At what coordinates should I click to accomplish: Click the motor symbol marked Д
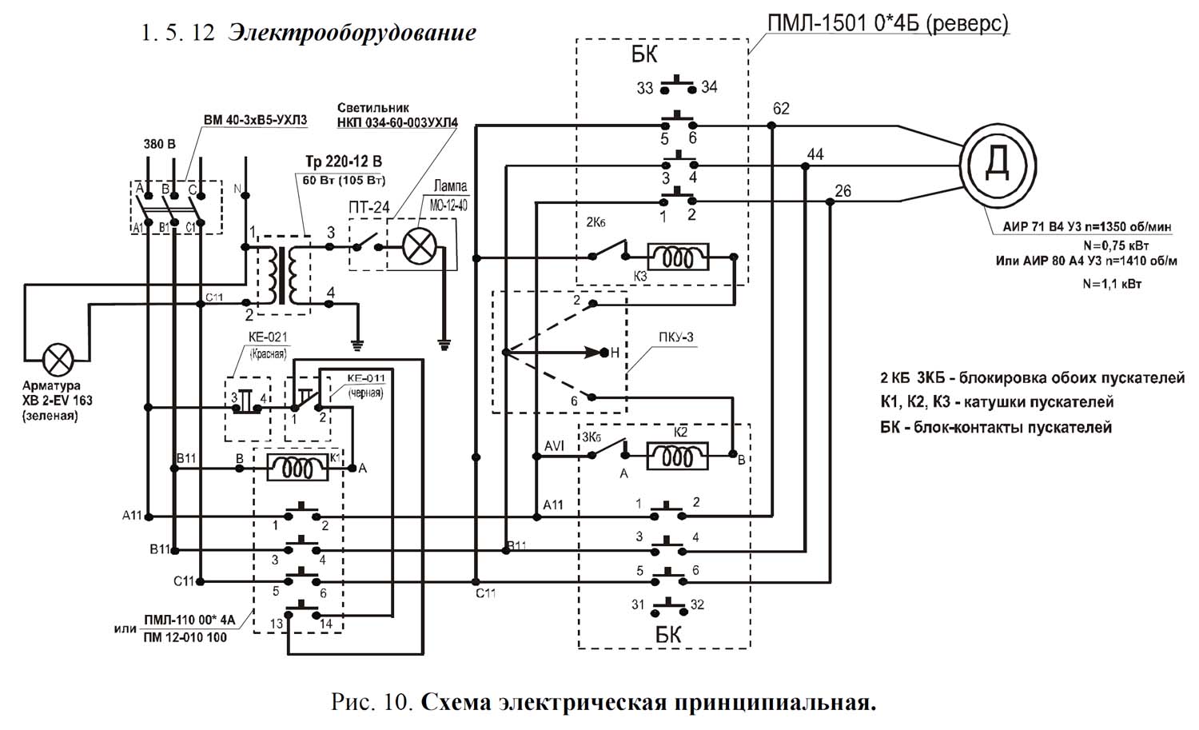pyautogui.click(x=997, y=165)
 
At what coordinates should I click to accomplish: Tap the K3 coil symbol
pyautogui.click(x=678, y=257)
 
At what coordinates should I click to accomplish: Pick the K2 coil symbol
pyautogui.click(x=678, y=455)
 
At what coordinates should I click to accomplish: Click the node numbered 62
pyautogui.click(x=772, y=126)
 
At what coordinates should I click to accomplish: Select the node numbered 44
pyautogui.click(x=803, y=166)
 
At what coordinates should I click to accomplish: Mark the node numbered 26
pyautogui.click(x=831, y=202)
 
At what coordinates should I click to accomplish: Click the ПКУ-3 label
pyautogui.click(x=675, y=337)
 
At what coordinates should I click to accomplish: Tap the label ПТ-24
pyautogui.click(x=368, y=207)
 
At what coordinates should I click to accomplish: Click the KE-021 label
pyautogui.click(x=269, y=338)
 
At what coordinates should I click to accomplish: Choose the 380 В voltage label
pyautogui.click(x=159, y=145)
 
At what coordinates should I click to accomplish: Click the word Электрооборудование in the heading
pyautogui.click(x=352, y=33)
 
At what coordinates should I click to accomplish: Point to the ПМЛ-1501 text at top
pyautogui.click(x=816, y=23)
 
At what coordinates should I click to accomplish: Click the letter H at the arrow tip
pyautogui.click(x=615, y=353)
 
